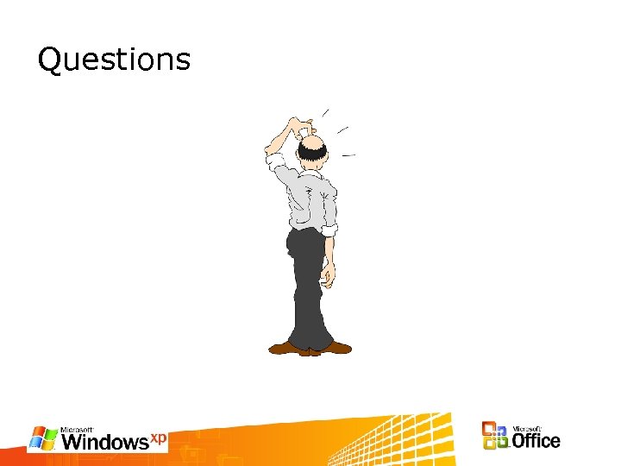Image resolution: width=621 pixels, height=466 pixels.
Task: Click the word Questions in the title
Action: tap(114, 60)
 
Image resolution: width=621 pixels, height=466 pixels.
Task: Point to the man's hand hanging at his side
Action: tap(327, 274)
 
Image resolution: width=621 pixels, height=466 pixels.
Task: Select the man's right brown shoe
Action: tap(336, 347)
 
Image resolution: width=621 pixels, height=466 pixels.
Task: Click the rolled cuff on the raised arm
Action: tap(275, 161)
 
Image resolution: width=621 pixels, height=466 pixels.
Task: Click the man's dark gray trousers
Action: tap(309, 285)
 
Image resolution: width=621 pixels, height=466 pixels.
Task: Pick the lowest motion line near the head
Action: tap(348, 154)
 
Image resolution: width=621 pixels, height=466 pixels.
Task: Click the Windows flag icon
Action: tap(43, 438)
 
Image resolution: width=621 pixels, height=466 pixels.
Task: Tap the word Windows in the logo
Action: tap(105, 443)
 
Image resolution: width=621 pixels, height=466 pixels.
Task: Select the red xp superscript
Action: tap(159, 438)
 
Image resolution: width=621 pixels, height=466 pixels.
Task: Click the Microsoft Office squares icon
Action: tap(495, 436)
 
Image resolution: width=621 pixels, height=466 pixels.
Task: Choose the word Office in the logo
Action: tap(536, 441)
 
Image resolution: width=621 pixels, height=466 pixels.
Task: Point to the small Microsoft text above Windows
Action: tap(78, 429)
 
